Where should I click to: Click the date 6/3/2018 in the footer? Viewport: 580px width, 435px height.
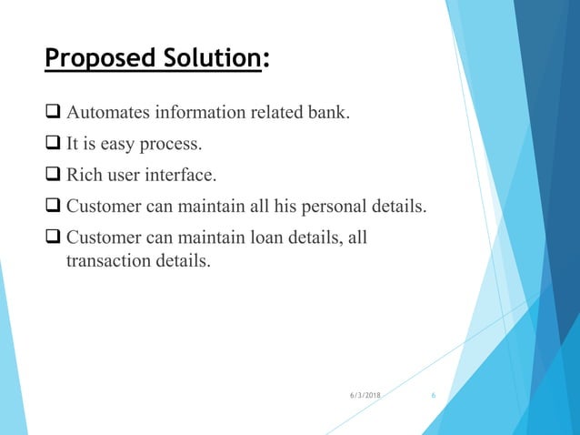point(365,397)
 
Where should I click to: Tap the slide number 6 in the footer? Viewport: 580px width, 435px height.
point(434,397)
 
